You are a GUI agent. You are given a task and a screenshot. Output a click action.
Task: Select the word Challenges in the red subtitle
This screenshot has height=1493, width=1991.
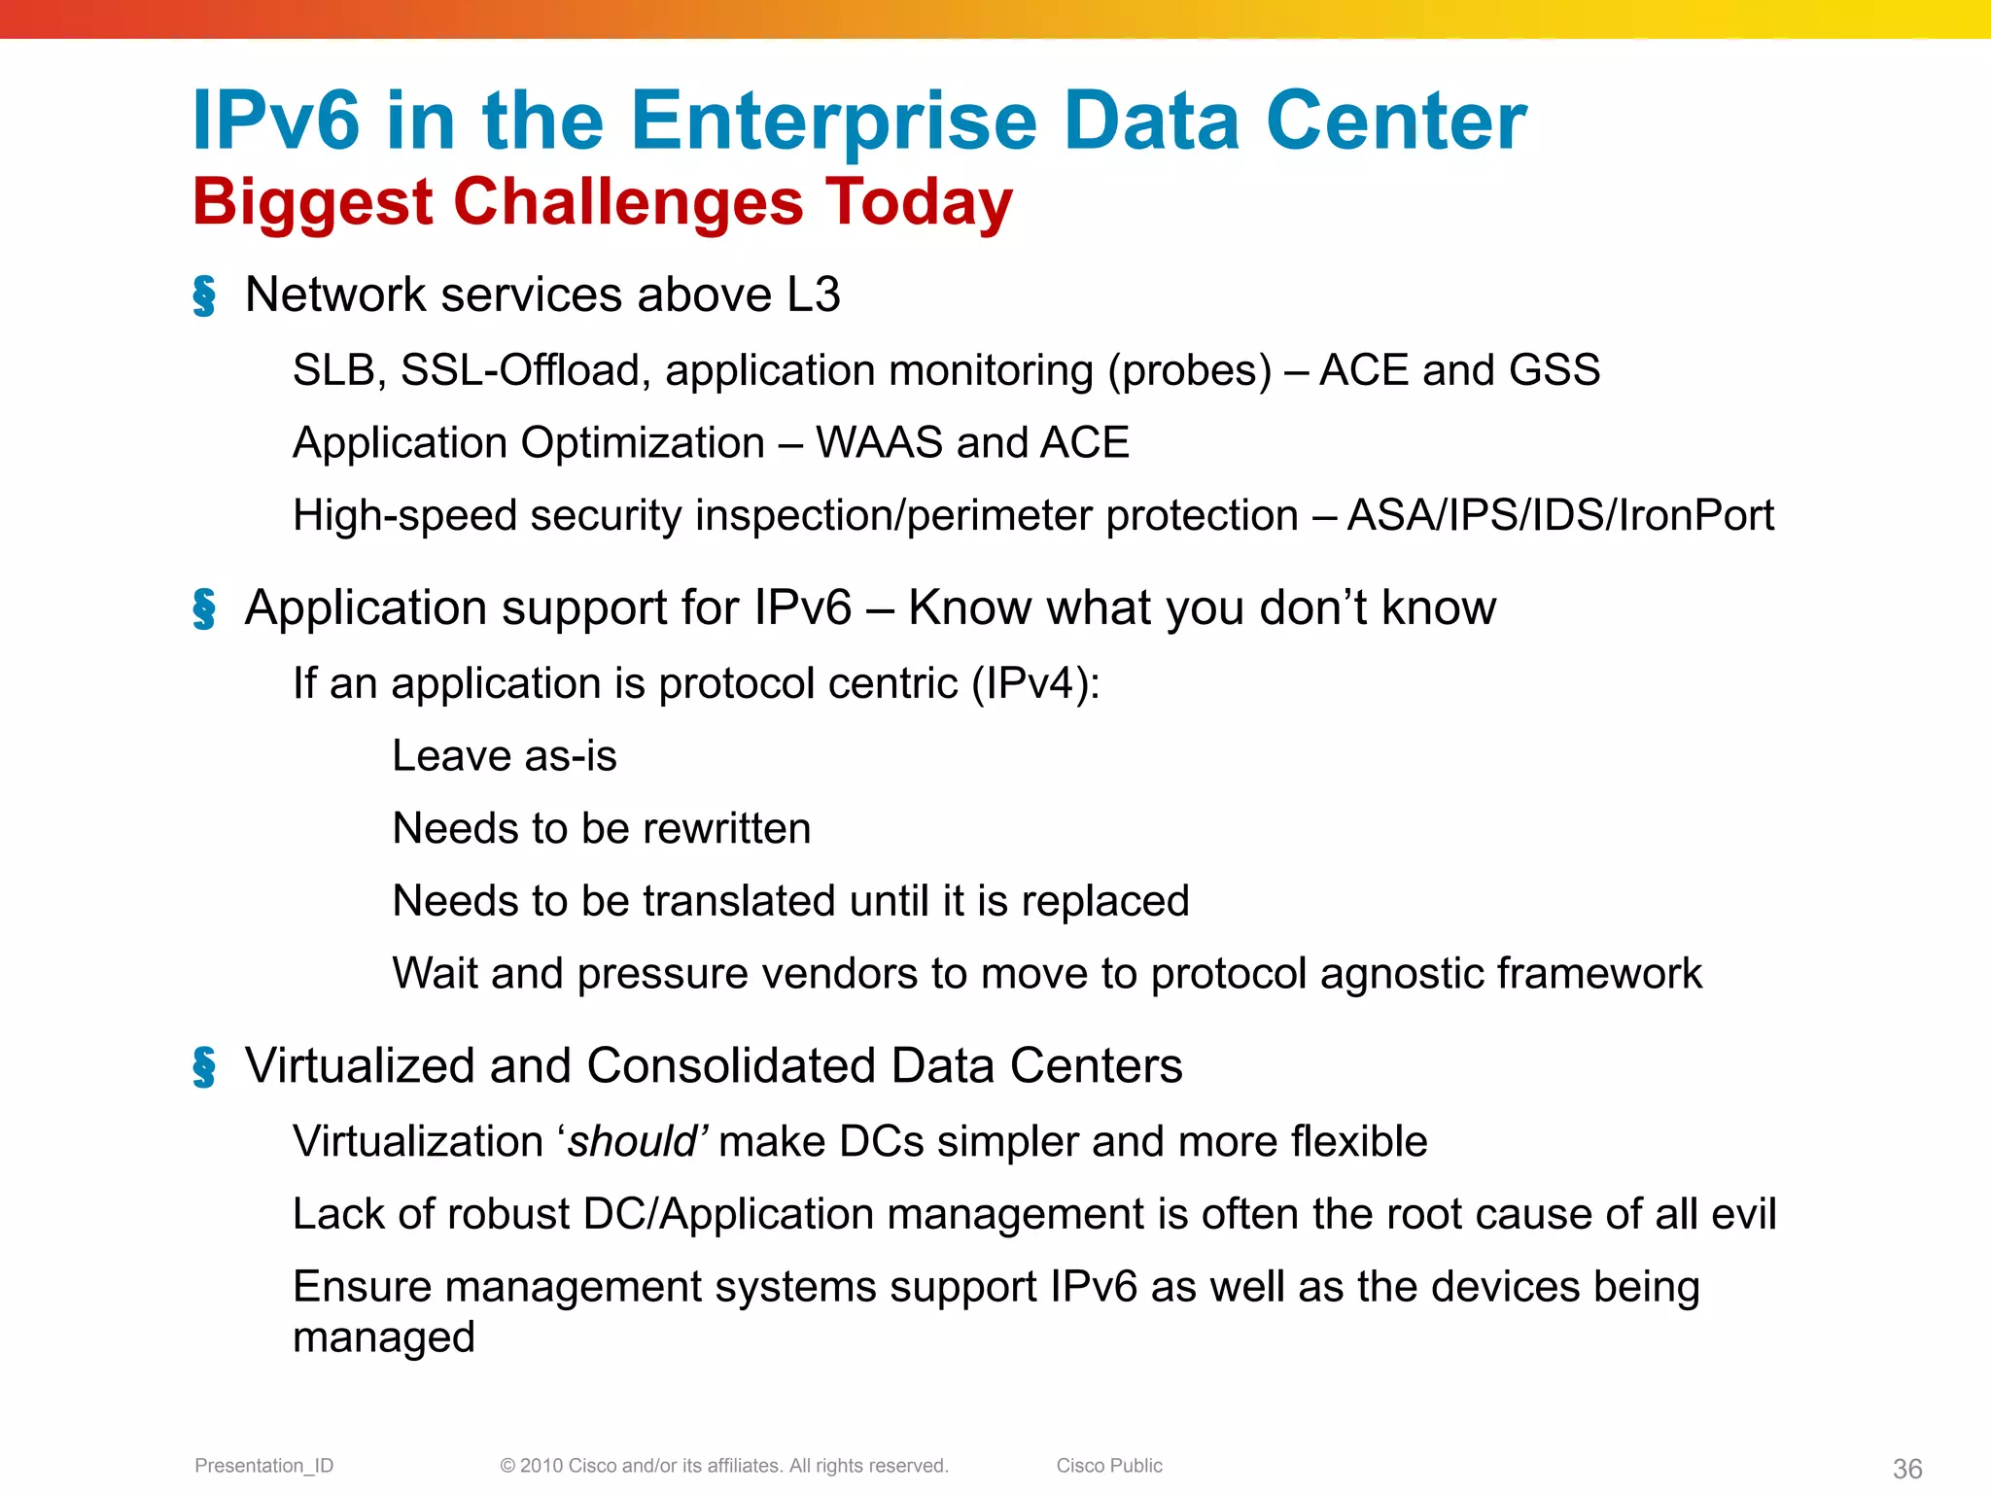click(x=628, y=202)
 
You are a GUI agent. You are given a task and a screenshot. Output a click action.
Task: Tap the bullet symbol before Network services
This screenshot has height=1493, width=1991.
click(x=204, y=295)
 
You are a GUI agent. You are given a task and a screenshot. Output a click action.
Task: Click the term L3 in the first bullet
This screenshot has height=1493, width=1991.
click(x=813, y=295)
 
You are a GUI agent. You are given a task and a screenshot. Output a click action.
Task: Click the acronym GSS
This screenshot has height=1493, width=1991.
click(x=1554, y=370)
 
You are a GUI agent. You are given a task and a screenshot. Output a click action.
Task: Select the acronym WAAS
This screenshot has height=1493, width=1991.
click(x=879, y=442)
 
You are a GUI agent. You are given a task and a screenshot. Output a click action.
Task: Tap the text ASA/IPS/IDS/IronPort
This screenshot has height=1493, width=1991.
click(x=1560, y=515)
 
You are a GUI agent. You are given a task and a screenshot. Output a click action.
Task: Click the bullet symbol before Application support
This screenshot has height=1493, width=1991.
click(x=204, y=609)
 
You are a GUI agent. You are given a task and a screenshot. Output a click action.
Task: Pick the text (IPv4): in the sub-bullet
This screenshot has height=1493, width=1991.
click(x=1035, y=683)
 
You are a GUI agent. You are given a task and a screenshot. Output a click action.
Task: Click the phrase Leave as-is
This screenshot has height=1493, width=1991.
click(x=504, y=756)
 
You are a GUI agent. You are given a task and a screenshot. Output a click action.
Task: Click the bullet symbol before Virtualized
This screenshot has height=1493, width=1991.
click(x=204, y=1067)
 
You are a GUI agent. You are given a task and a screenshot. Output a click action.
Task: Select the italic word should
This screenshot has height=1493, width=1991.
click(x=632, y=1142)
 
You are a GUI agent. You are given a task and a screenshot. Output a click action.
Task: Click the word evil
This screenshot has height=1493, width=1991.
click(x=1743, y=1214)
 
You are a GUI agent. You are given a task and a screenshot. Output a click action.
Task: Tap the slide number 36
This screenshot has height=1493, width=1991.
click(x=1906, y=1468)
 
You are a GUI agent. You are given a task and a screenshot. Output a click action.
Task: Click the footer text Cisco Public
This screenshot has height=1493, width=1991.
click(x=1109, y=1466)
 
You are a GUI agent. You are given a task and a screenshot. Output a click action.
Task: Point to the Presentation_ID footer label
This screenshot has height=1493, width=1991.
click(x=263, y=1466)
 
